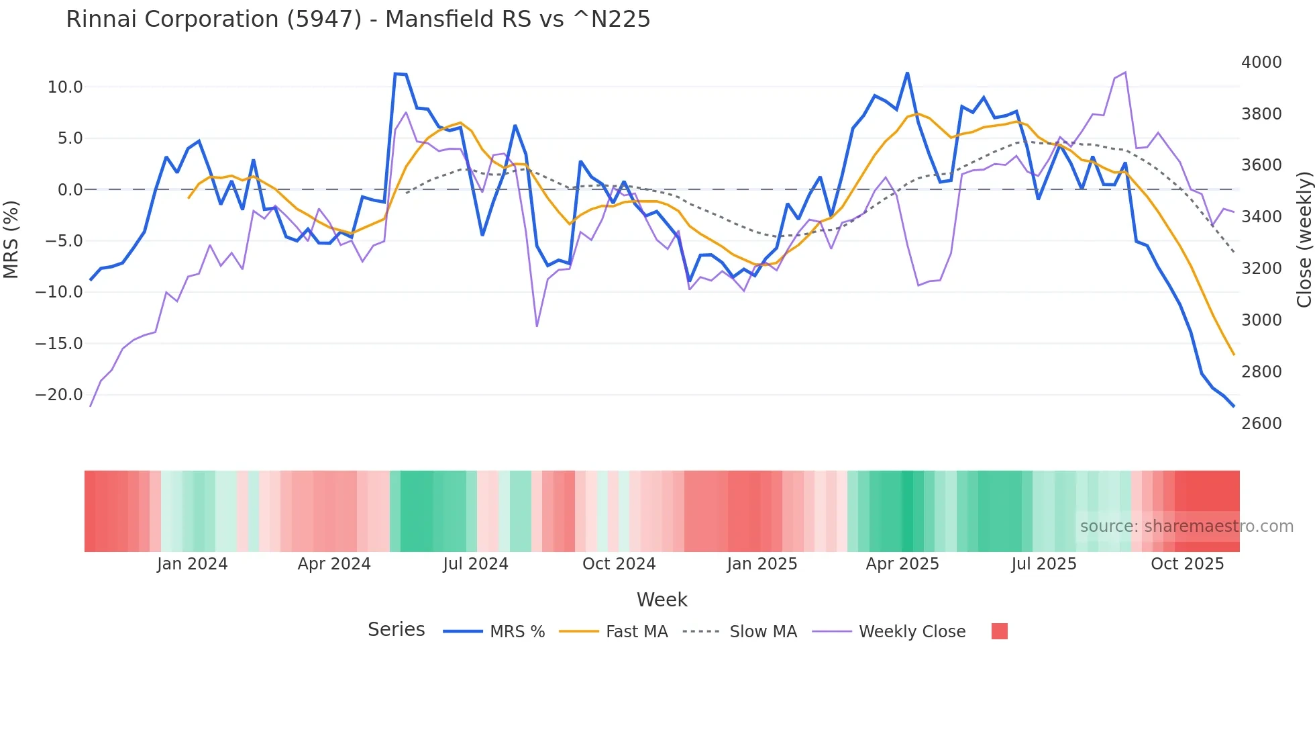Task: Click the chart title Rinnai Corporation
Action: (358, 19)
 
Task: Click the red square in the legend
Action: (999, 631)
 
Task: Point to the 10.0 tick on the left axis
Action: (65, 87)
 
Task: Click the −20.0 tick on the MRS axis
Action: (59, 395)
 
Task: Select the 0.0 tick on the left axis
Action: (70, 190)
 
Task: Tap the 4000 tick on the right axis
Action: (1261, 62)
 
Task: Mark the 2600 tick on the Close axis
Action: (1261, 424)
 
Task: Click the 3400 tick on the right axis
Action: (1261, 217)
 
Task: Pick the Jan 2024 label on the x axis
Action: (193, 564)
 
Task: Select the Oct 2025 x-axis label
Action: (1187, 564)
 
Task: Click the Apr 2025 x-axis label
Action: (902, 564)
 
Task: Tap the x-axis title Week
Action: (662, 600)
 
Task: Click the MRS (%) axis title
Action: (11, 239)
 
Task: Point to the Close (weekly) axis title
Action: (1304, 239)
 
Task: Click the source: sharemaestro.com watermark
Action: (1186, 526)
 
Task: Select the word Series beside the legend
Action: (396, 630)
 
